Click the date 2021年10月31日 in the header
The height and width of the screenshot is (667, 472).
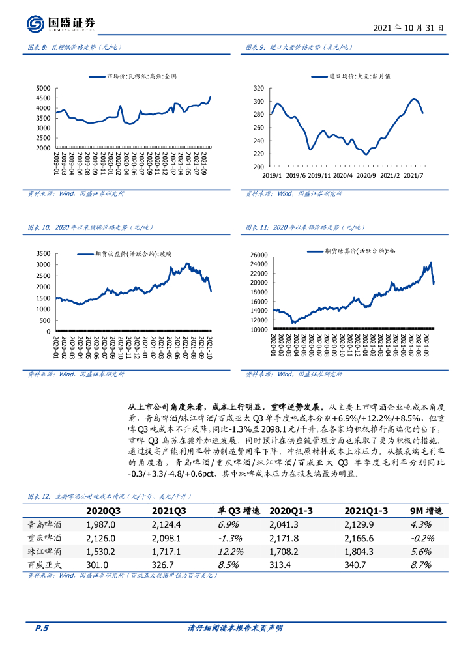(409, 29)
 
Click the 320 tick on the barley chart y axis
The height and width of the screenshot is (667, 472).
(258, 88)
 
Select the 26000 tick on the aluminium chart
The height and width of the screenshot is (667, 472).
(259, 255)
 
